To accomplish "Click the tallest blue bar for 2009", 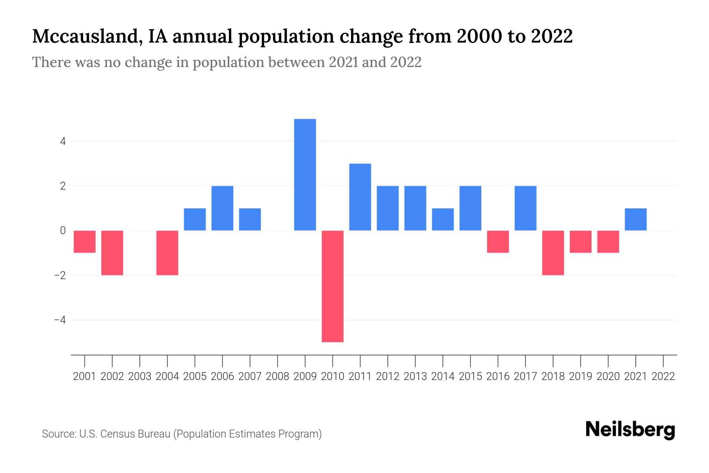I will [305, 175].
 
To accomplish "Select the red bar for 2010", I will [332, 286].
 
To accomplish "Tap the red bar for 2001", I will [85, 242].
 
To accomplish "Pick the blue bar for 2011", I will [360, 197].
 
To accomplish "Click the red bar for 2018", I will [553, 253].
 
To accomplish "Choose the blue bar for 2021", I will [635, 219].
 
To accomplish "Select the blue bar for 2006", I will [222, 208].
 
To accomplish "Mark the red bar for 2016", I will [498, 242].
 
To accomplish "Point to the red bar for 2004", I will [167, 253].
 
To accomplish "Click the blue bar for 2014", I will [443, 219].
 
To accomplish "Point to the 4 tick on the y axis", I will [63, 141].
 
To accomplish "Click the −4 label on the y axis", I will [60, 320].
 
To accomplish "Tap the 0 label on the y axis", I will [63, 231].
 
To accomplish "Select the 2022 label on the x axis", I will [663, 376].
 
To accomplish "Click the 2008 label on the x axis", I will [278, 376].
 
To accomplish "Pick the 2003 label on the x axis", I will [140, 376].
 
